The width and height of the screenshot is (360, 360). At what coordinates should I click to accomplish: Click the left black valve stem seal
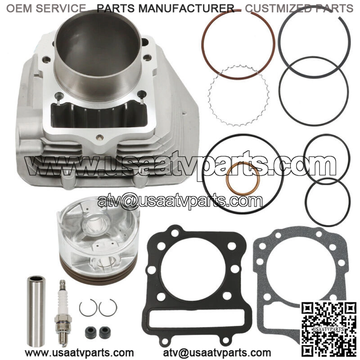[90, 332]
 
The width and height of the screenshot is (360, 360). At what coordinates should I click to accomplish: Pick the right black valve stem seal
[105, 332]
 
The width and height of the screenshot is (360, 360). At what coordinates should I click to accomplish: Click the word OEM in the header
[19, 9]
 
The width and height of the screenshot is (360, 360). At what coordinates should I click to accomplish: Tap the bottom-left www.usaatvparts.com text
[79, 352]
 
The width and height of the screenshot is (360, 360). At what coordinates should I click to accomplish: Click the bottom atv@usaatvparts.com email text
[217, 352]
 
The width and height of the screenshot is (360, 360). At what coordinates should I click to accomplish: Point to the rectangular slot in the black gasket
[197, 318]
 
